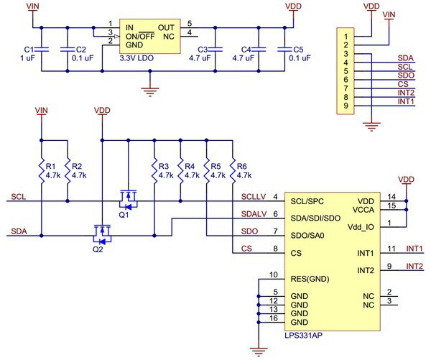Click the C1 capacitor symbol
[42, 50]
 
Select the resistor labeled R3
[154, 170]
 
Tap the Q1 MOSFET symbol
[128, 200]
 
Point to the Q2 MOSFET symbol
[102, 234]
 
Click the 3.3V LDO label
[136, 58]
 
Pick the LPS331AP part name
[303, 336]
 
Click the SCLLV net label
[254, 197]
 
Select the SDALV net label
[254, 213]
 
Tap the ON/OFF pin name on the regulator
[140, 37]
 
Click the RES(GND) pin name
[310, 279]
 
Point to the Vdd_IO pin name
[361, 227]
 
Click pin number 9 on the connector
[346, 106]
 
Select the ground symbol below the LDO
[150, 92]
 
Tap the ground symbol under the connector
[371, 126]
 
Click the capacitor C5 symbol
[284, 50]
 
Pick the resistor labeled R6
[233, 170]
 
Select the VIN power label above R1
[41, 110]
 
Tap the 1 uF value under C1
[27, 58]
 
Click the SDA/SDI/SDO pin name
[315, 218]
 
